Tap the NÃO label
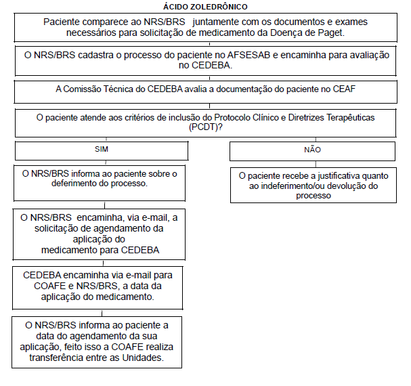coord(312,149)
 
